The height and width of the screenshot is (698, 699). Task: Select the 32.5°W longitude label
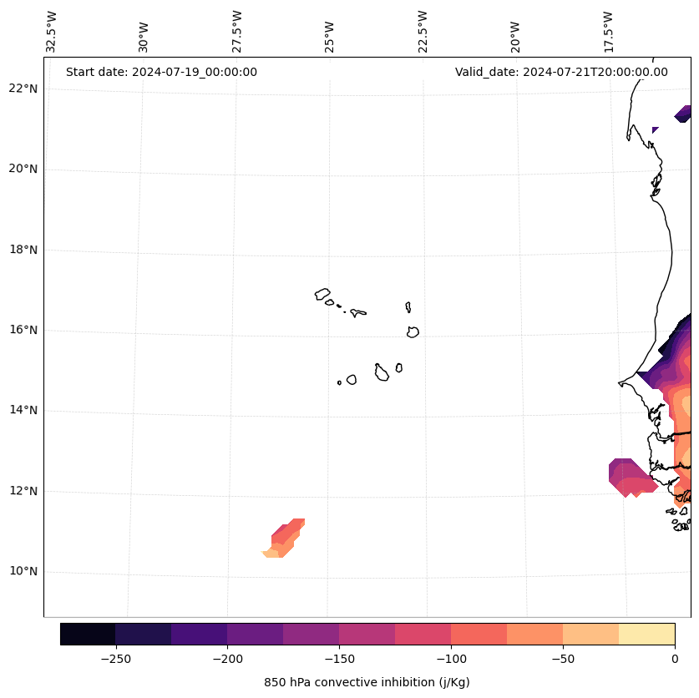coord(52,32)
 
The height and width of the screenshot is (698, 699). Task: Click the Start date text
coord(161,72)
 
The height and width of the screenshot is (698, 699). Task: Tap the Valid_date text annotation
coord(561,72)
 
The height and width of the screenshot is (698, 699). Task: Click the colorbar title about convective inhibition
coord(367,682)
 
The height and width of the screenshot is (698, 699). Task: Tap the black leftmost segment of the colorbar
coord(88,635)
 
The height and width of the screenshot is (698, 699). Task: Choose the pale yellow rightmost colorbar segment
coord(646,635)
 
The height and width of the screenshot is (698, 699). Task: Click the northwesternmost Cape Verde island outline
coord(322,294)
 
